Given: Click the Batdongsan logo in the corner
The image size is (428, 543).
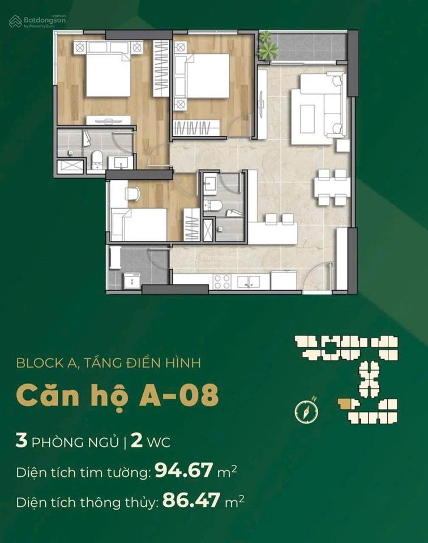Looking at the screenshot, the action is click(x=37, y=21).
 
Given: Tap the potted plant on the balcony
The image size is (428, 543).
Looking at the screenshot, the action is click(x=268, y=46).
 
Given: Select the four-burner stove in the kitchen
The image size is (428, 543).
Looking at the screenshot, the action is click(x=222, y=281).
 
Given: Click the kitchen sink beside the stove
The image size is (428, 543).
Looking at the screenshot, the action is click(x=249, y=281).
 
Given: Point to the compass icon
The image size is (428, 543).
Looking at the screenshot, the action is click(x=306, y=411).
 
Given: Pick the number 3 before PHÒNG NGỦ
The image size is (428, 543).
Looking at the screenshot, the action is click(x=22, y=442).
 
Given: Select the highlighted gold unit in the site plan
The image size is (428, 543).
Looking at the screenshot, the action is click(x=345, y=403).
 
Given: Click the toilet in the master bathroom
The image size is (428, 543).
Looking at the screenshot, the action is click(x=97, y=160).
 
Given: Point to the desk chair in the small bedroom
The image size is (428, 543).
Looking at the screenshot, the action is click(x=132, y=193).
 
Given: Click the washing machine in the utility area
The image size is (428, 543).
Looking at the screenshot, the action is click(x=132, y=279).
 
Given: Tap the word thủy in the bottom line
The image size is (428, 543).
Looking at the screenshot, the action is click(x=140, y=502).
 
